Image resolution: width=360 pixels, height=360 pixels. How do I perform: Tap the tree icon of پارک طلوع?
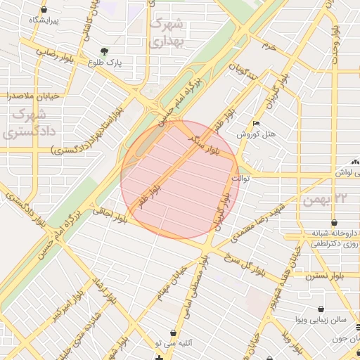[x=105, y=51]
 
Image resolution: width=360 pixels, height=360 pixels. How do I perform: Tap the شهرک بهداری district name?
[x=167, y=32]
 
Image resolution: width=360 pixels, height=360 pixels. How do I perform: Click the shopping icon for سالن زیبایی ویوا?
[x=321, y=309]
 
